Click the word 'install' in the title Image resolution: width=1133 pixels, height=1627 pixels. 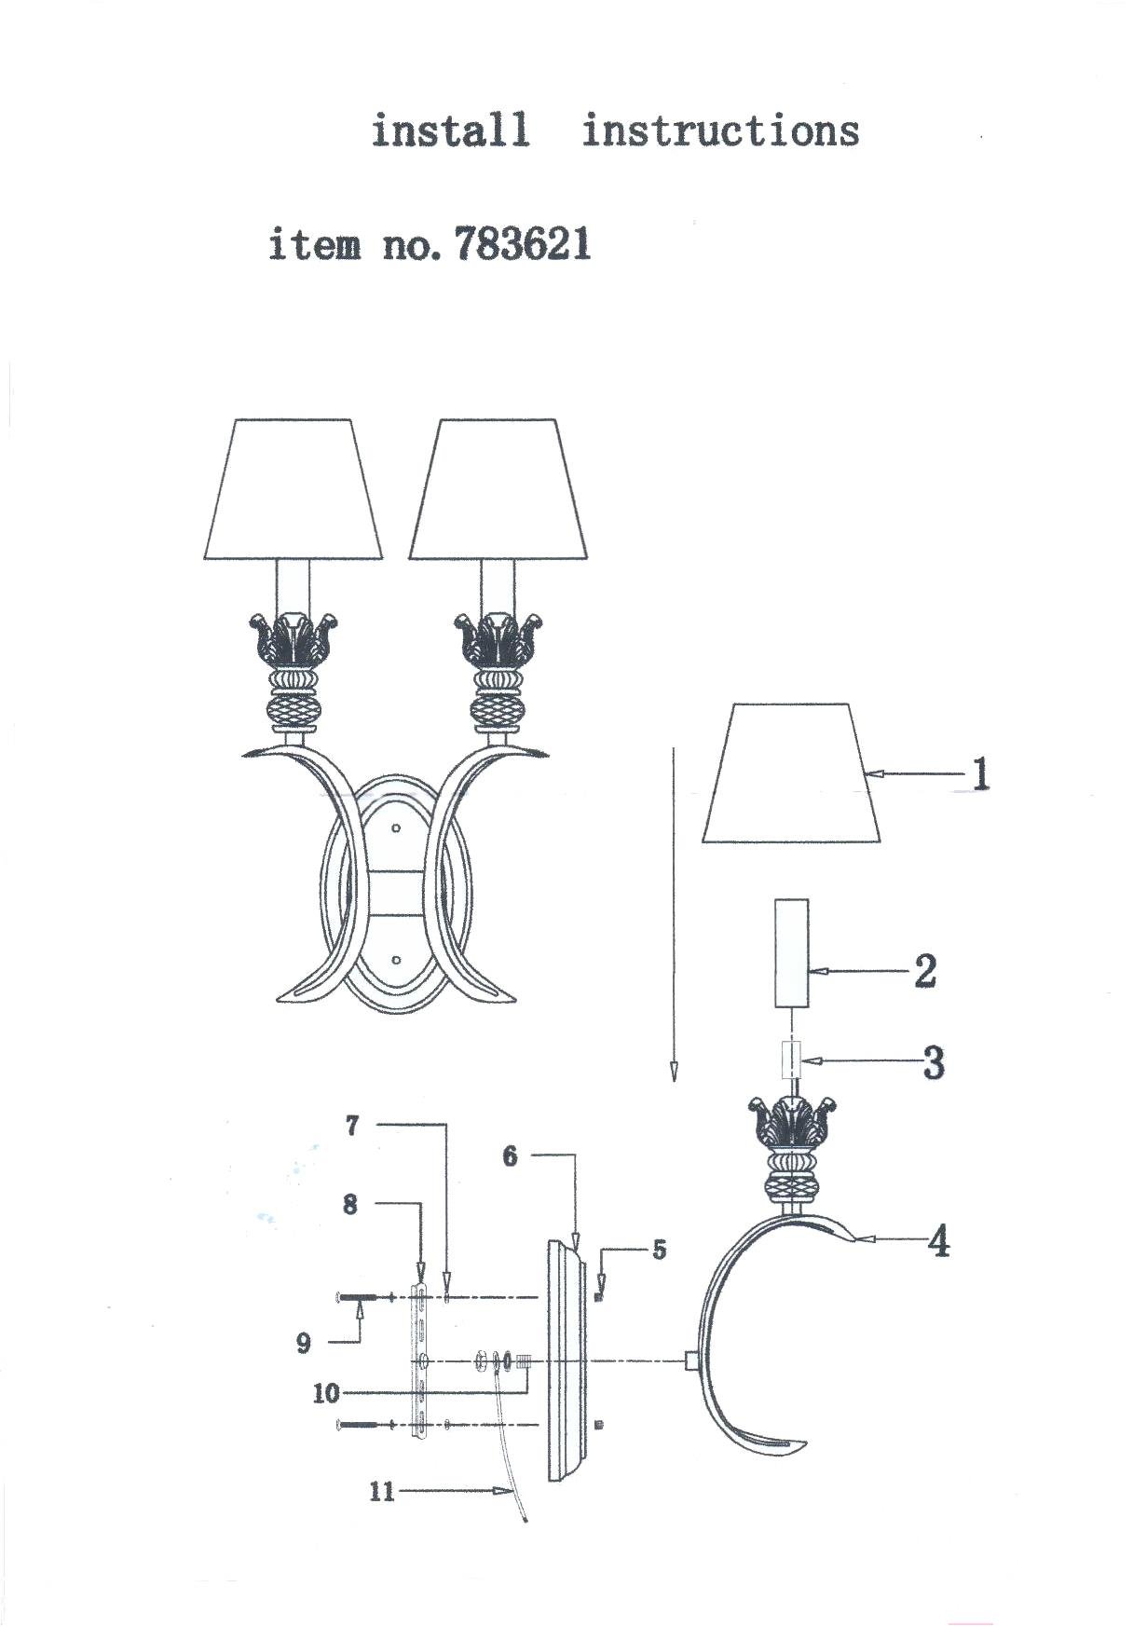coord(451,130)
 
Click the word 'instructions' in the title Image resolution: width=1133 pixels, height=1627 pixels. coord(720,130)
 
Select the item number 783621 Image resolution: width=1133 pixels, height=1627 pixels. coord(523,245)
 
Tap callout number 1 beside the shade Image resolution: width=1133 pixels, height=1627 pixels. coord(979,773)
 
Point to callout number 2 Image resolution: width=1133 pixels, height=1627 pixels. coord(924,970)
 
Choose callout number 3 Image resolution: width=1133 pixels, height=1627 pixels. coord(934,1061)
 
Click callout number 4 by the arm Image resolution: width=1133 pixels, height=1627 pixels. coord(938,1241)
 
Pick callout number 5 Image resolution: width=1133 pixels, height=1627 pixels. coord(659,1250)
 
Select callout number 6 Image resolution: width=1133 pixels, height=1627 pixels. coord(510,1156)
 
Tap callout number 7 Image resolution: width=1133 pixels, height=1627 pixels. coord(352,1126)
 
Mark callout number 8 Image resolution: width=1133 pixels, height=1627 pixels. coord(350,1204)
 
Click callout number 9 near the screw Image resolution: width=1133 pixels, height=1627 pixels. coord(304,1343)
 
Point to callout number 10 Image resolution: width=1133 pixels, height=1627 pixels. coord(326,1394)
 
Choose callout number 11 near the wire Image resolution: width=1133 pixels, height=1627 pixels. coord(382,1491)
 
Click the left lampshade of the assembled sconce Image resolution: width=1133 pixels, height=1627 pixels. coord(293,489)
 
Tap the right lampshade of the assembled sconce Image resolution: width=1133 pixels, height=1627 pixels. coord(498,489)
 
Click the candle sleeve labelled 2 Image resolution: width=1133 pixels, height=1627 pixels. coord(792,953)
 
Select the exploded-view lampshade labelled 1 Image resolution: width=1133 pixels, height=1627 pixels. coord(792,773)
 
